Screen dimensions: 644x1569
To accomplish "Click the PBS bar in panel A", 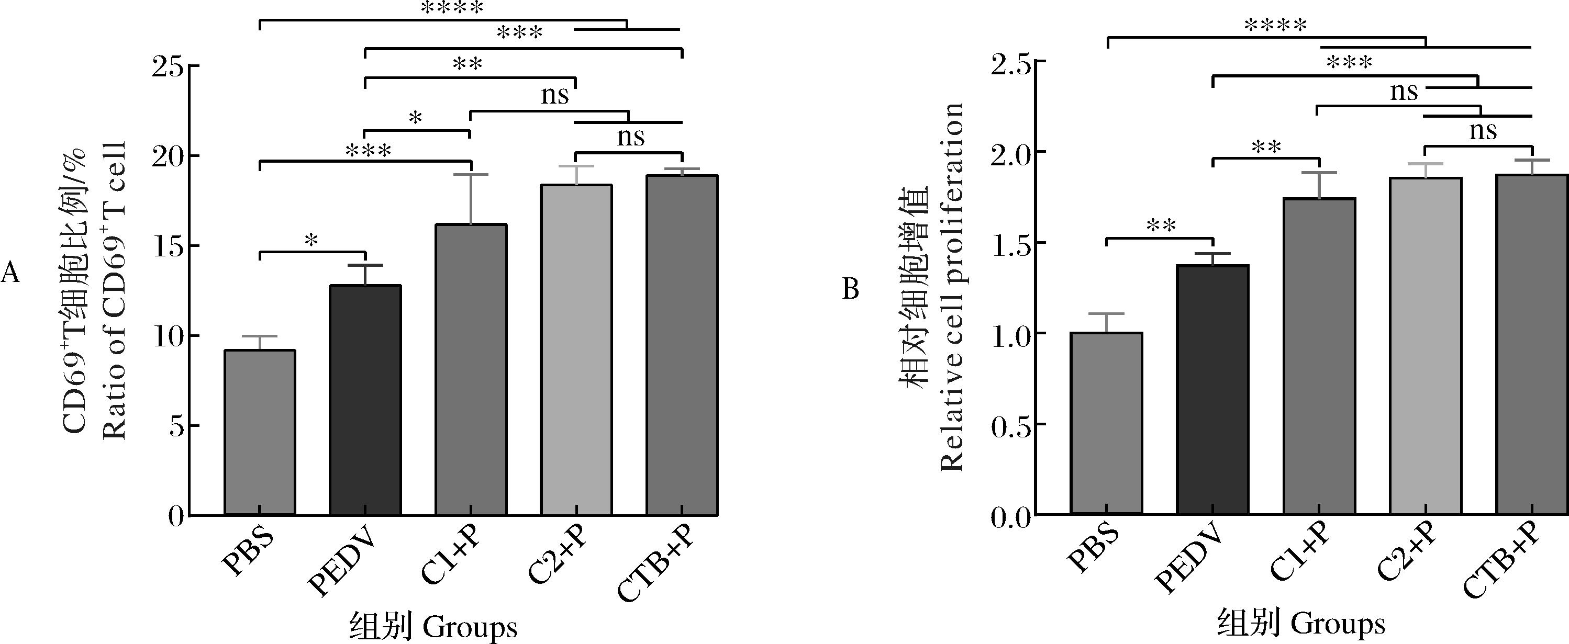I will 260,432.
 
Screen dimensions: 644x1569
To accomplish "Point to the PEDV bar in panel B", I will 1212,390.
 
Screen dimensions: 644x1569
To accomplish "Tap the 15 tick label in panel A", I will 168,246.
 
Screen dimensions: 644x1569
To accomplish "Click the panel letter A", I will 10,273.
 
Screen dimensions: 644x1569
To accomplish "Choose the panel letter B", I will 850,289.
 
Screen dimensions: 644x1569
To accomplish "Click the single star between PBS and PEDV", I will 311,241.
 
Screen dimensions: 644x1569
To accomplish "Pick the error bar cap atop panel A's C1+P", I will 471,175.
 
